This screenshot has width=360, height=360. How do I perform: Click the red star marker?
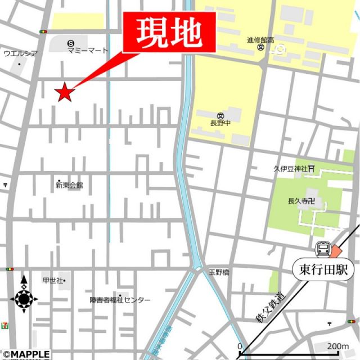click(x=65, y=92)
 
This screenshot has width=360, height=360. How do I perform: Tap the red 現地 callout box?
click(x=169, y=34)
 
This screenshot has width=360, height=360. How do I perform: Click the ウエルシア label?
click(x=20, y=53)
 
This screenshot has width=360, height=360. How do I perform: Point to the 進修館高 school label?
click(x=260, y=40)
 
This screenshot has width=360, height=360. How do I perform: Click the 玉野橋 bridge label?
click(x=219, y=272)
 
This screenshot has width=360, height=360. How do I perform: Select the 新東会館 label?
click(x=69, y=185)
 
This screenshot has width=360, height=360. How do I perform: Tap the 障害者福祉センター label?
click(x=120, y=300)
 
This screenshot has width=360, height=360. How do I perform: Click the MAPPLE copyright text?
click(x=25, y=354)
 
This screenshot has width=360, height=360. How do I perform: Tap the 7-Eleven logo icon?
click(x=5, y=325)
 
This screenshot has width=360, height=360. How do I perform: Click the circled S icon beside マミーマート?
click(x=70, y=43)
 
